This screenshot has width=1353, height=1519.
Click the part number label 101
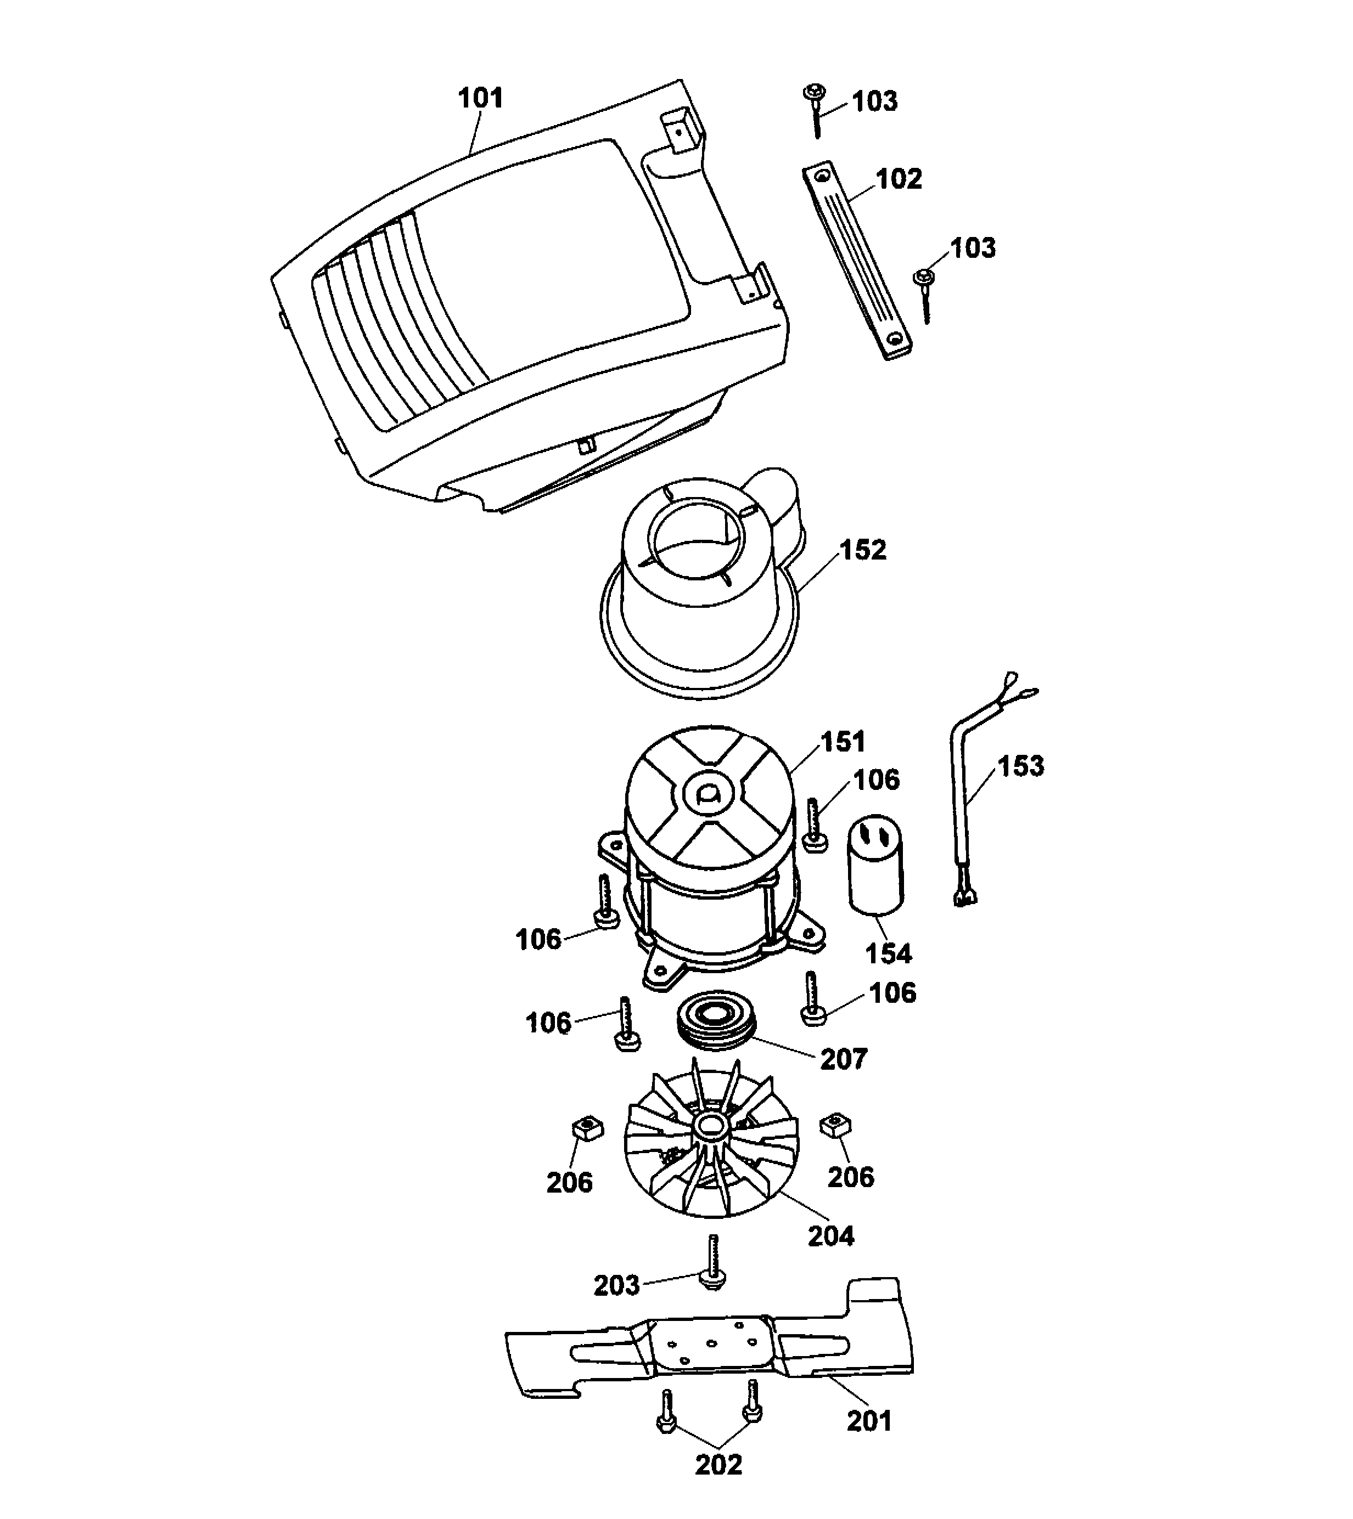(x=480, y=98)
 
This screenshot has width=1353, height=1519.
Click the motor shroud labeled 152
(x=699, y=595)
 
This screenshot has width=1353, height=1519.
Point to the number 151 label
(x=843, y=742)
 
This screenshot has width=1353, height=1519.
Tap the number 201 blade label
(x=869, y=1420)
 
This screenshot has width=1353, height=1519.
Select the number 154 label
(x=889, y=953)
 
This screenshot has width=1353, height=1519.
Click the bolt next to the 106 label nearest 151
(x=815, y=825)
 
